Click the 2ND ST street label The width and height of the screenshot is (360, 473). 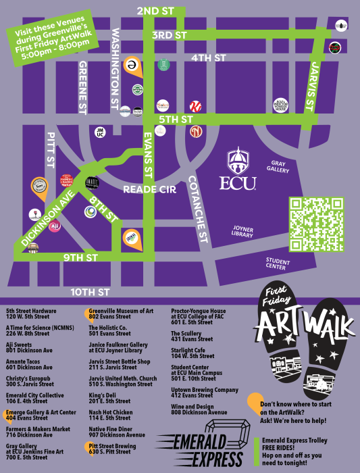point(155,11)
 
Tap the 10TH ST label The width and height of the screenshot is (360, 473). point(91,293)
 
